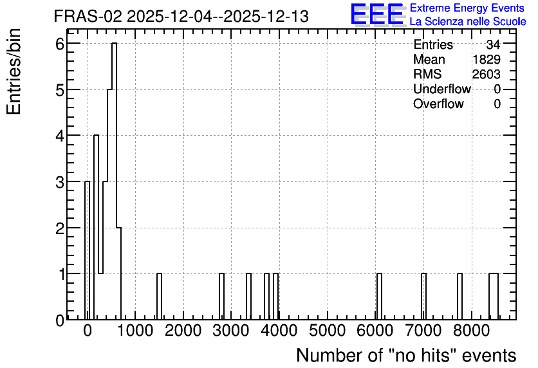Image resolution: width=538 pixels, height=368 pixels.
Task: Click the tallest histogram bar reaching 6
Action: (115, 181)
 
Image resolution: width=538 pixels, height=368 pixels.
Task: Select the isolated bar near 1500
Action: (159, 297)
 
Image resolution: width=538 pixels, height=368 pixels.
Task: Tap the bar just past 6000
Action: (379, 297)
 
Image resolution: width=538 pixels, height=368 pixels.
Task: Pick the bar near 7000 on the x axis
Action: (423, 297)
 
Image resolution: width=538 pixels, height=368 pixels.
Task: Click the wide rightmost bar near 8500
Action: (494, 297)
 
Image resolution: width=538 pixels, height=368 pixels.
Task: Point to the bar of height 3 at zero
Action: (87, 250)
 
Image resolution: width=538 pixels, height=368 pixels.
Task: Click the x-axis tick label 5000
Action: (327, 331)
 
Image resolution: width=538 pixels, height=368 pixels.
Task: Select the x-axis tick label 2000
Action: (183, 331)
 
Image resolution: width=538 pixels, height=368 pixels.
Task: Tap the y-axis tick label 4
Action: (60, 136)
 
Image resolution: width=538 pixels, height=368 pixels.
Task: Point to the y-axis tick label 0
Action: (60, 320)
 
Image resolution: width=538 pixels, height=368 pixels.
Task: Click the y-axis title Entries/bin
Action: (14, 71)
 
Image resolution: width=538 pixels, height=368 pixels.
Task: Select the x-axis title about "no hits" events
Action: (406, 355)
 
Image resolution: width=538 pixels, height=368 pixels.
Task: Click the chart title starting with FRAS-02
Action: (181, 16)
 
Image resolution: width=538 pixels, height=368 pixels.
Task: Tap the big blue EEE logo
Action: (377, 14)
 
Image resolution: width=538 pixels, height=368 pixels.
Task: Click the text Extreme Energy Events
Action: (467, 8)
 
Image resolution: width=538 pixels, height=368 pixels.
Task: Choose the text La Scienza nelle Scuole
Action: (468, 21)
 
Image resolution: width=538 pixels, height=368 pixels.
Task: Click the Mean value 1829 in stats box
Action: (486, 59)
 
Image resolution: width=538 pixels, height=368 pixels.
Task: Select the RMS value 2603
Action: (486, 74)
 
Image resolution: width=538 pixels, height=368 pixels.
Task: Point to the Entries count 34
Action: (494, 44)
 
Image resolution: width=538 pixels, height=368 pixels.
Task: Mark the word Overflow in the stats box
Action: (438, 104)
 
